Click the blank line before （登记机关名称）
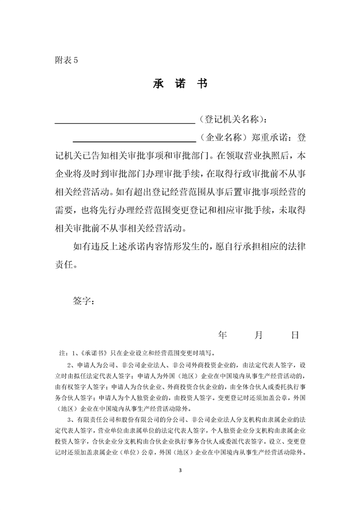click(x=124, y=121)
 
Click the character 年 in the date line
click(x=223, y=335)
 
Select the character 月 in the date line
click(x=258, y=335)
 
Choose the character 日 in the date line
click(x=295, y=335)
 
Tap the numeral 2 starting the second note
click(x=70, y=365)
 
